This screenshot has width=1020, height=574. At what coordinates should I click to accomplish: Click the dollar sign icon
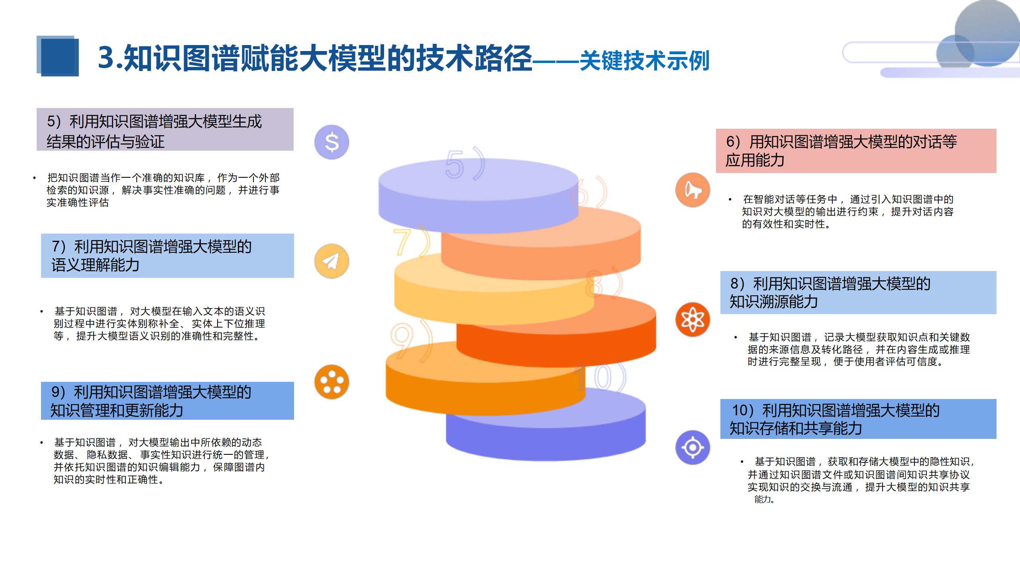[331, 142]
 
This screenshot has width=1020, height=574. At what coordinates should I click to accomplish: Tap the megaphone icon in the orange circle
[692, 190]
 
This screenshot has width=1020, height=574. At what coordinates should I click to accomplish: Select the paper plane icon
[331, 261]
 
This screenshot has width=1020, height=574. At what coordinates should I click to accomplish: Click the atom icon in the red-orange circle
[692, 319]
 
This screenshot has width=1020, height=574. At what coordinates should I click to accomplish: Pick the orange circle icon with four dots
[331, 382]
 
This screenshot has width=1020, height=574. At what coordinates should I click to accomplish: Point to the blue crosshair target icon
[692, 447]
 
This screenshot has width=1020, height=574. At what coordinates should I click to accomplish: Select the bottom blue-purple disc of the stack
[546, 434]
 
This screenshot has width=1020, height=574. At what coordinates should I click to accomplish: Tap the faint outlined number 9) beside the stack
[410, 341]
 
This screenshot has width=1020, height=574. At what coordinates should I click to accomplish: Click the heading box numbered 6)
[856, 151]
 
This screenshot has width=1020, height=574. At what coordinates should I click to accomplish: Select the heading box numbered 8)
[858, 293]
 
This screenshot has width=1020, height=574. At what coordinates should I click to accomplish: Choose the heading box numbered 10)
[858, 419]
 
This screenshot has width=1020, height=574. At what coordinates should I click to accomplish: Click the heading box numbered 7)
[167, 256]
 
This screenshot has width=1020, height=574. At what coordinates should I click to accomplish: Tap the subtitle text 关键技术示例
[644, 61]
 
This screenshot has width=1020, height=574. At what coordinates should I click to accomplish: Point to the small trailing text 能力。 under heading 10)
[764, 499]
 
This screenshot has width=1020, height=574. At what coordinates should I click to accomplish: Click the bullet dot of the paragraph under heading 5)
[35, 178]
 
